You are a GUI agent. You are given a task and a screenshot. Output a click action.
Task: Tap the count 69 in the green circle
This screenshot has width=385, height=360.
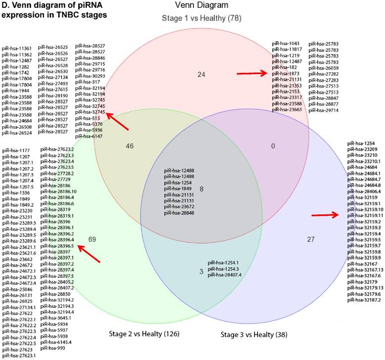click(92, 239)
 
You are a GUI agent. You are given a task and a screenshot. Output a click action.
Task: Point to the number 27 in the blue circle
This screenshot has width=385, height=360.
click(311, 239)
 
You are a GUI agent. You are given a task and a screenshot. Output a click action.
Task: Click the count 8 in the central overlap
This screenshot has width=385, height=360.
click(200, 188)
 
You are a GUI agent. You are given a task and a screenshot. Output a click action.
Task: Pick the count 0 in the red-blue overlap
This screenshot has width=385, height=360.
click(272, 146)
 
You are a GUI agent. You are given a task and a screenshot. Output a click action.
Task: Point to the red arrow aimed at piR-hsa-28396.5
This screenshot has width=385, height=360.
click(90, 254)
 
